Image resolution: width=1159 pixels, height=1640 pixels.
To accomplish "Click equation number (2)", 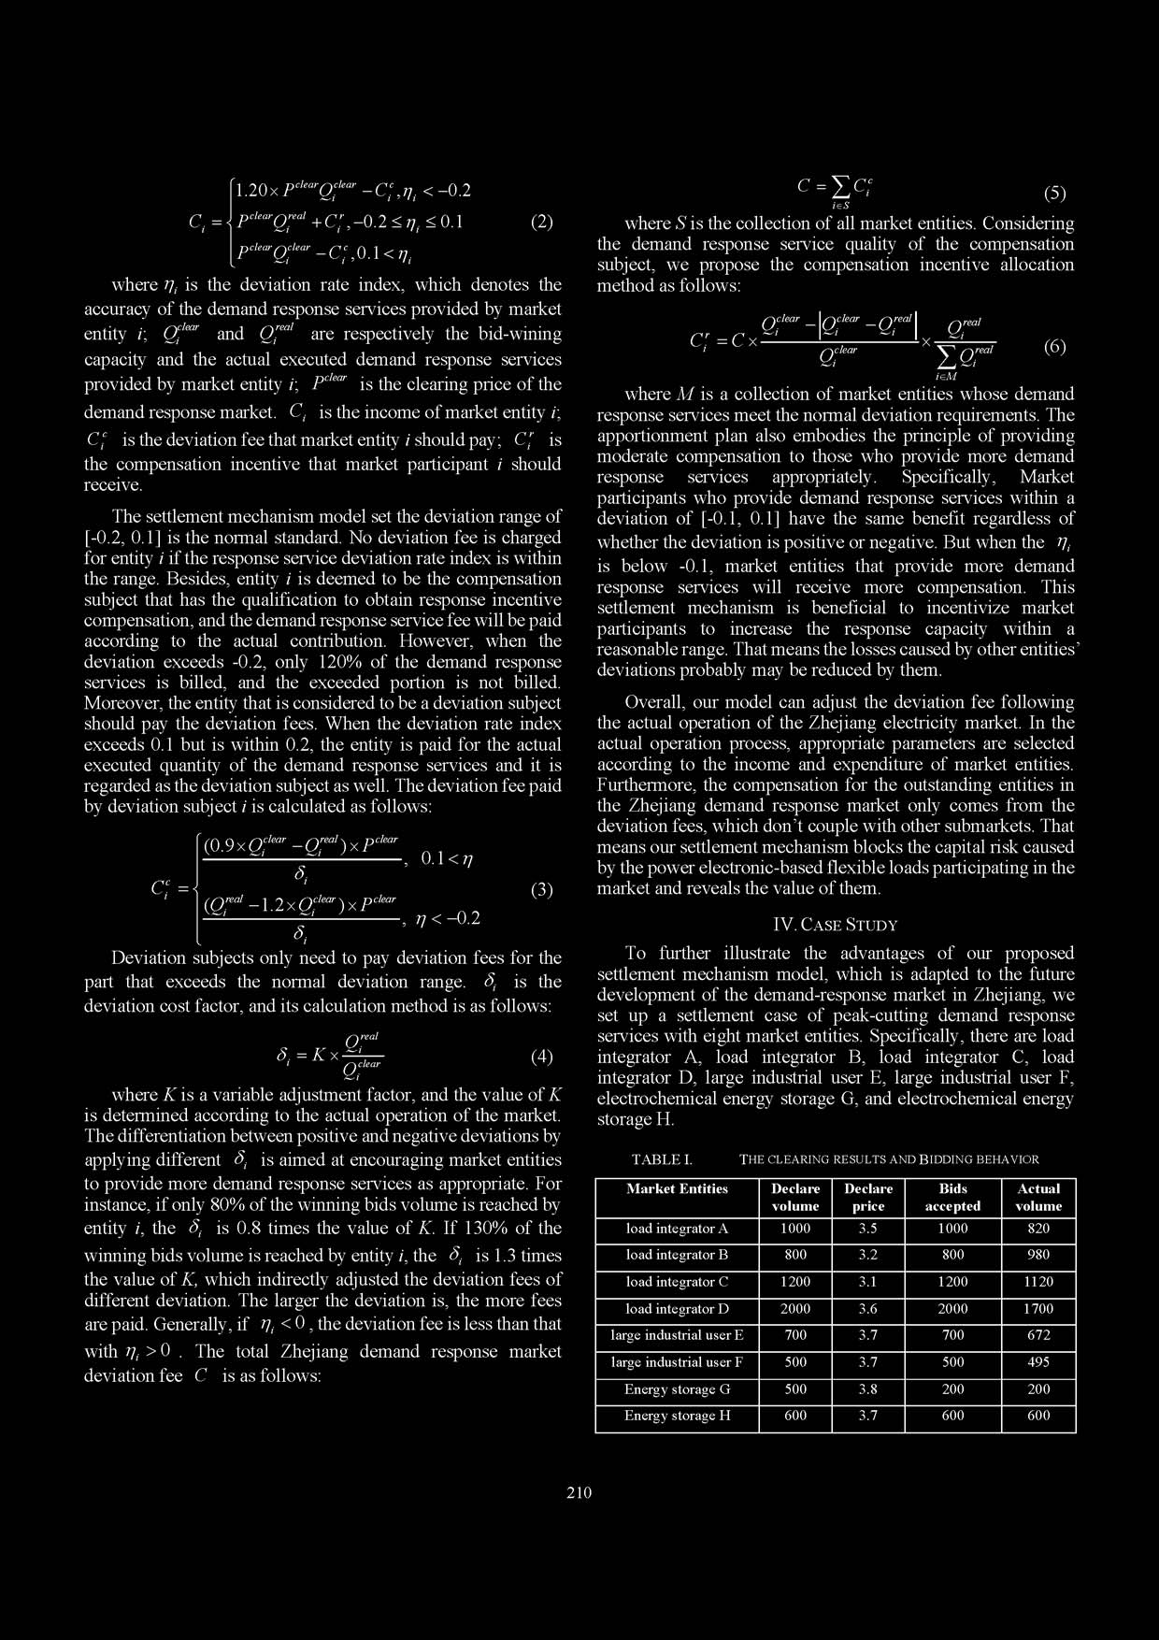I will (x=541, y=223).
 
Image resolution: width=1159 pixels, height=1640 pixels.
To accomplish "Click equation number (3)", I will (x=542, y=890).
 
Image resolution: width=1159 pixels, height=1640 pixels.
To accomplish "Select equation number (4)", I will (x=542, y=1057).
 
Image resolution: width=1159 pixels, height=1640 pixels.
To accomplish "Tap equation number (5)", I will (x=1054, y=194).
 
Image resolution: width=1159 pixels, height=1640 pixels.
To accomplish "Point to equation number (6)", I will (x=1054, y=347).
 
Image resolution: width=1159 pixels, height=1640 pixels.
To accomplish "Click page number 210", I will (x=579, y=1492).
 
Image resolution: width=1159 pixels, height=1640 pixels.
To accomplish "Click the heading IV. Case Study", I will (x=836, y=925).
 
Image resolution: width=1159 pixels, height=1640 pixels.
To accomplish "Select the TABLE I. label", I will (x=662, y=1159).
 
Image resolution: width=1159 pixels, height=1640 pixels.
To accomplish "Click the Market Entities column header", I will (x=677, y=1189).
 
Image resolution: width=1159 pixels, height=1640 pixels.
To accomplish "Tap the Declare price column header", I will (x=868, y=1198).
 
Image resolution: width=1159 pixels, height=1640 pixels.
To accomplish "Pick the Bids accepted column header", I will (x=952, y=1198).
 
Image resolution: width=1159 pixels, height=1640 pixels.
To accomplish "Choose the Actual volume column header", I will (x=1038, y=1198).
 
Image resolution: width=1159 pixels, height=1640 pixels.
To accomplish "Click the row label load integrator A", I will (x=677, y=1229).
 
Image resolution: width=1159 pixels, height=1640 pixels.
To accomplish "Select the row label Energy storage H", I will (x=677, y=1416).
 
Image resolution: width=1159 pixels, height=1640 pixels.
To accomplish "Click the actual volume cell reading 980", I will (x=1038, y=1255).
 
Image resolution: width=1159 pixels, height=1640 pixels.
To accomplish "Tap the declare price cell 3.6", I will (x=868, y=1309).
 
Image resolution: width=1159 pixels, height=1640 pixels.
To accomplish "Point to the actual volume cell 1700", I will (x=1038, y=1309).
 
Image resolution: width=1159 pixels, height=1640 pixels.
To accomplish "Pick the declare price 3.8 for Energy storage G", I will (x=868, y=1389).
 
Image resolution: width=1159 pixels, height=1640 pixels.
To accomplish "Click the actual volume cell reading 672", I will (x=1038, y=1335).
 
